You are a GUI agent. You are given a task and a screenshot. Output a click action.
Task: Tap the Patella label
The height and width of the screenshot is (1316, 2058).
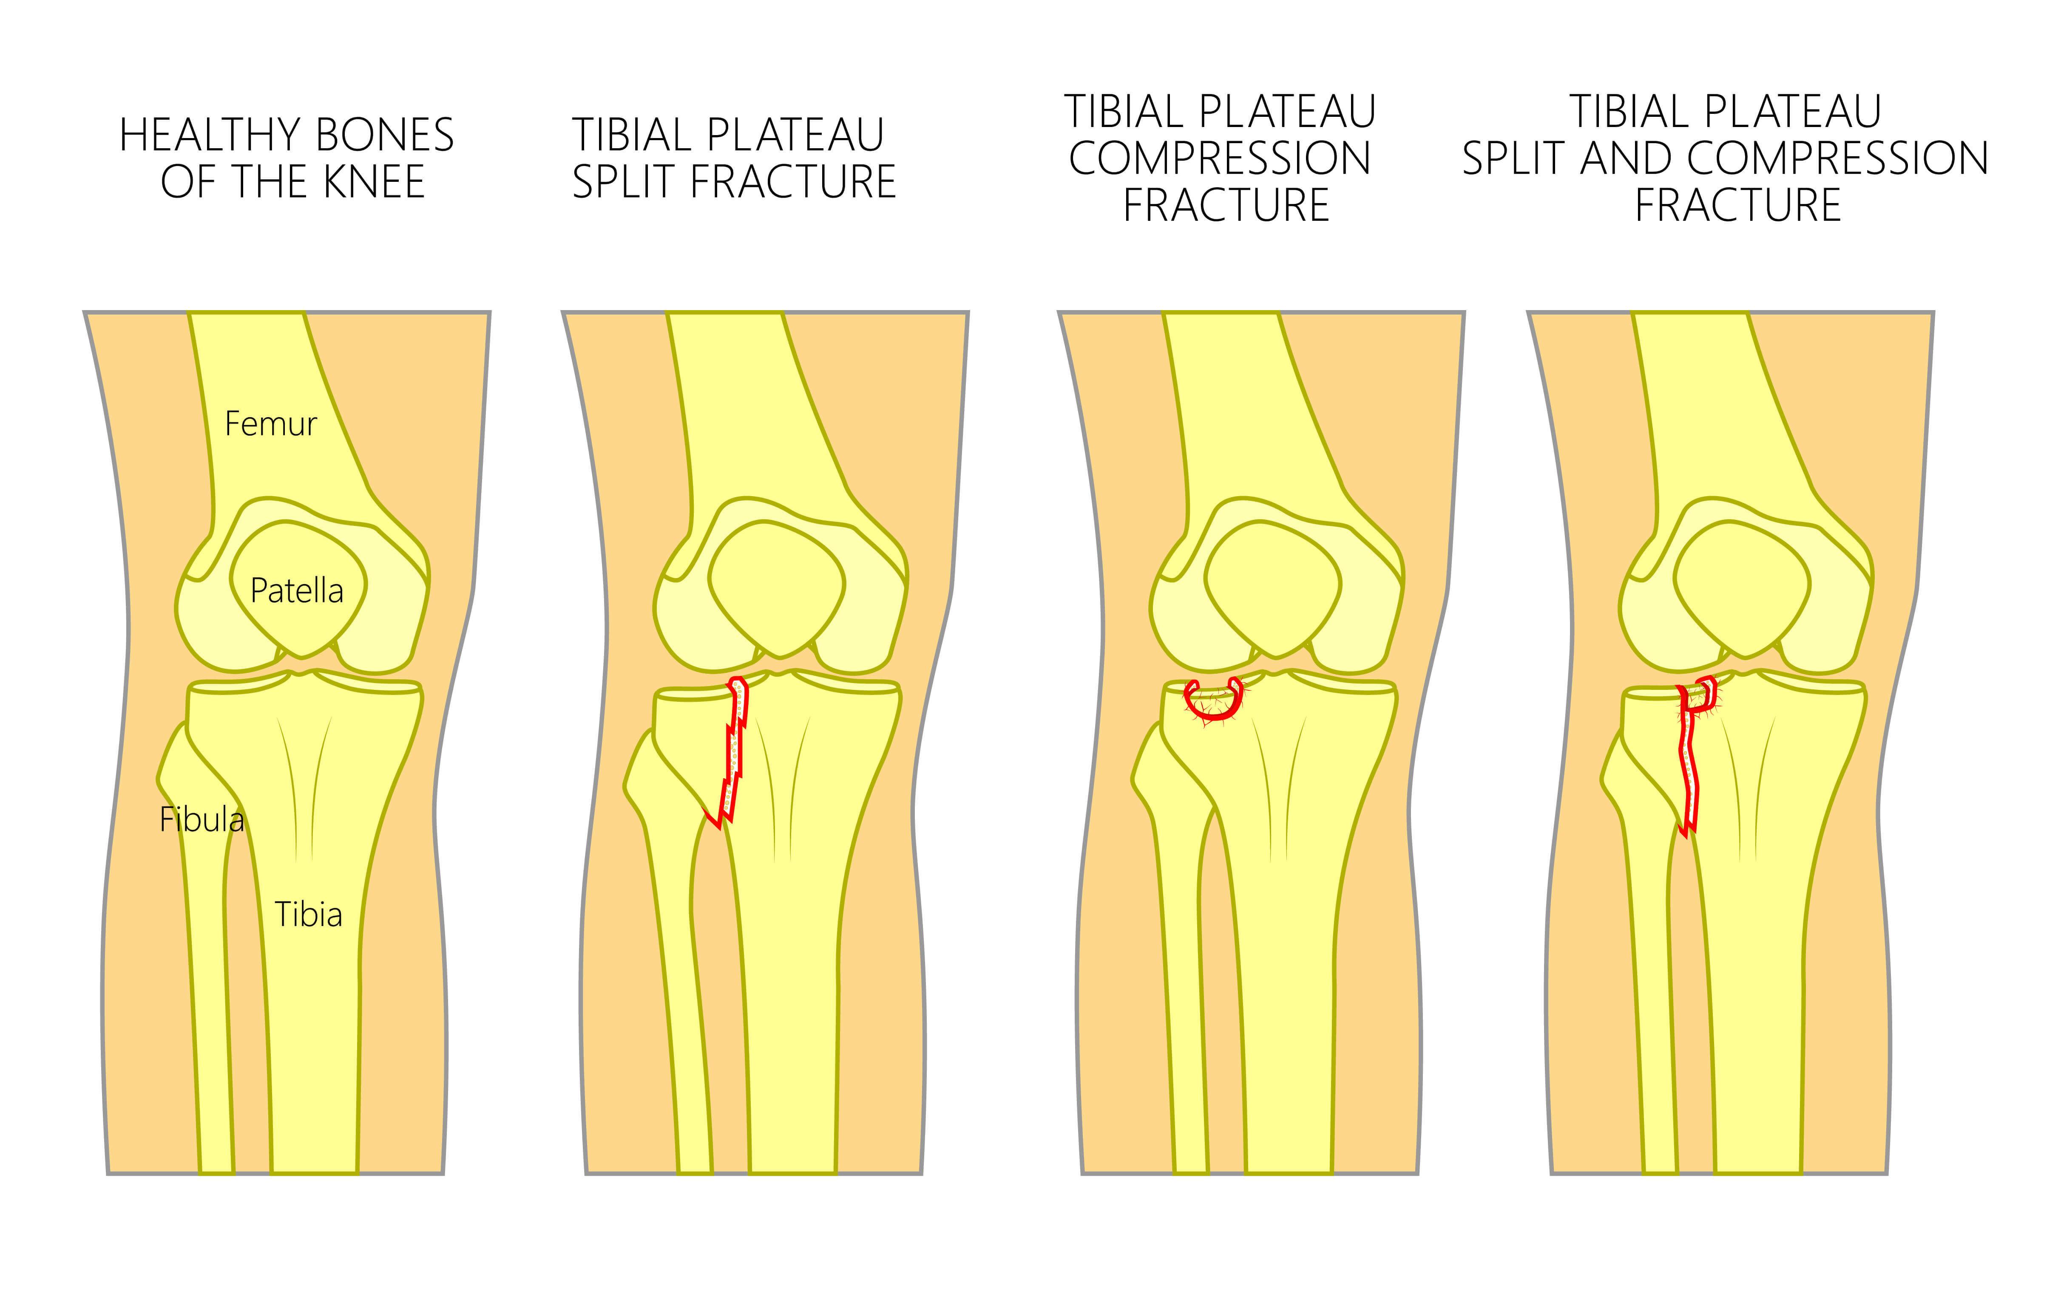click(x=297, y=590)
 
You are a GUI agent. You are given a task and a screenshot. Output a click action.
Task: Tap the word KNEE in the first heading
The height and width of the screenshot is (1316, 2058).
click(x=375, y=182)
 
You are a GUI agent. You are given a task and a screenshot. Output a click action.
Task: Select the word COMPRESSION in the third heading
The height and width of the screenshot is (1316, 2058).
click(x=1220, y=159)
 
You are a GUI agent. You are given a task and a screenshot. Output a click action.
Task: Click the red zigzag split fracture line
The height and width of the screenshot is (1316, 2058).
click(x=732, y=752)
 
